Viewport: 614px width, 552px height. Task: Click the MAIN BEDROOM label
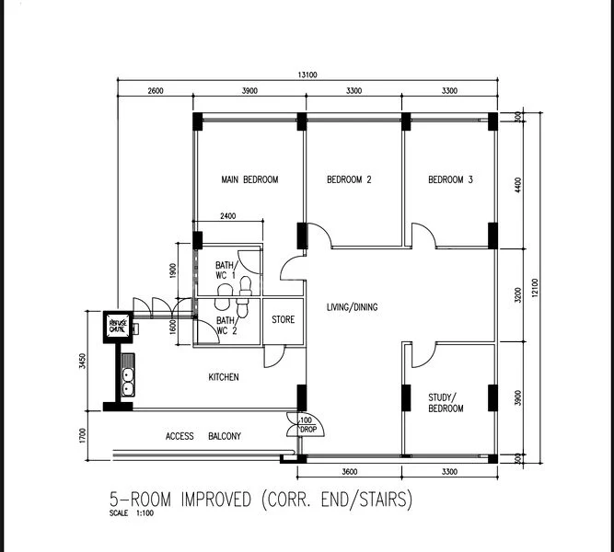coord(249,179)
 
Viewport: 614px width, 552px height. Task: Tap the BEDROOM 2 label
coord(349,179)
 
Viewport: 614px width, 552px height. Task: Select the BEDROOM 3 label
coord(450,179)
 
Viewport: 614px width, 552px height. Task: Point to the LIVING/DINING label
coord(353,307)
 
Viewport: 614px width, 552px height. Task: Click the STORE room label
coord(283,320)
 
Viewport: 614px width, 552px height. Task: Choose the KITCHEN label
coord(223,377)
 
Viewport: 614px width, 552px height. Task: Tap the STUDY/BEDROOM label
coord(446,403)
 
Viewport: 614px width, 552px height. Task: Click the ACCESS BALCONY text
coord(203,436)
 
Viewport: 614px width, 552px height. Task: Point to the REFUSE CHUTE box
coord(118,326)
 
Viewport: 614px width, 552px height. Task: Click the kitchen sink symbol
coord(127,378)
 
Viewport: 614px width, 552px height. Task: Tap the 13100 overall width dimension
coord(307,75)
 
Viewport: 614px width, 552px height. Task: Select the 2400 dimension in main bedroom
coord(227,216)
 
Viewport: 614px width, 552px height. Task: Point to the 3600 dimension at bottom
coord(349,472)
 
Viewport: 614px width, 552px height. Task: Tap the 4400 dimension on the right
coord(518,184)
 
